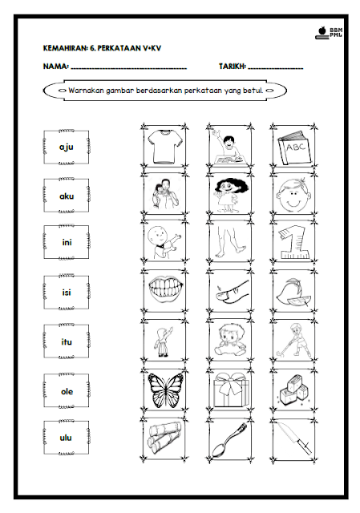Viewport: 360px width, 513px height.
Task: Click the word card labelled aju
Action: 66,147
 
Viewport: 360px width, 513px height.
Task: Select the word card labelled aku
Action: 66,196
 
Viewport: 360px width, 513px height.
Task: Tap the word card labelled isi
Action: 66,292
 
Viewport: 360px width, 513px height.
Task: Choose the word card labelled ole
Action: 66,391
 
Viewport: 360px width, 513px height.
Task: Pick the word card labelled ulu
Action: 66,438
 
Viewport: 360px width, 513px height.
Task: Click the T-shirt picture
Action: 164,146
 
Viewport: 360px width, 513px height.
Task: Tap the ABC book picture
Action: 294,147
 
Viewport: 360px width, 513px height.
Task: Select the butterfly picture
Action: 165,390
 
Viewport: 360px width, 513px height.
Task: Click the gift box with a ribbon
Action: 231,390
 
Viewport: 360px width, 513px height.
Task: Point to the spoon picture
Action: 229,440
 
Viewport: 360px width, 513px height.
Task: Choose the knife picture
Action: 293,438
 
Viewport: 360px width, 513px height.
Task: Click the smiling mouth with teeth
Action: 165,290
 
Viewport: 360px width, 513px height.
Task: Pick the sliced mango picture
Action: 293,292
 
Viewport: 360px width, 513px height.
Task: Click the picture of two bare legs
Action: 230,242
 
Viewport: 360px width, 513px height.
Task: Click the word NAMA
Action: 55,67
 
